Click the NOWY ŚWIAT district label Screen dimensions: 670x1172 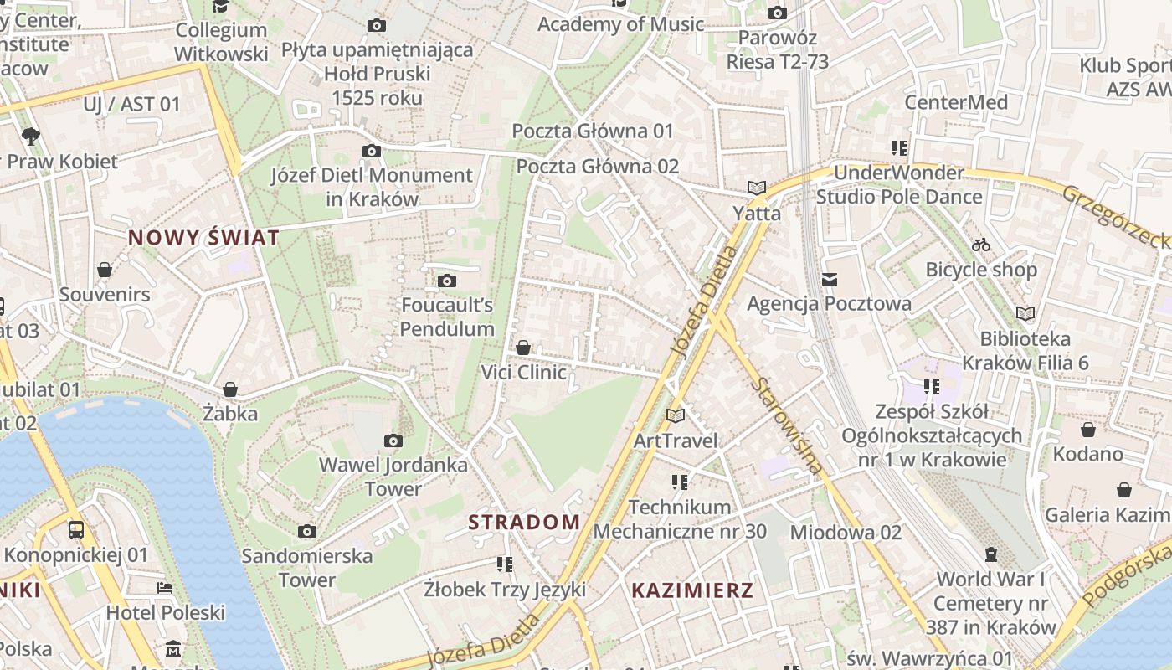pos(203,238)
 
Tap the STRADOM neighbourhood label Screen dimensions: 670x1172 pos(524,523)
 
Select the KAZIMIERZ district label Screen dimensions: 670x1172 pos(692,590)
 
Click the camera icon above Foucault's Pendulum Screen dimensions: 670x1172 pos(447,281)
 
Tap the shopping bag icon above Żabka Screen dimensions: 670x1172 pos(230,389)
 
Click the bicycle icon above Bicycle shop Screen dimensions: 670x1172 pos(981,245)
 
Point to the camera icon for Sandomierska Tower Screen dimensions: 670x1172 pos(307,531)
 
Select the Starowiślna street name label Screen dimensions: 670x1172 pos(787,426)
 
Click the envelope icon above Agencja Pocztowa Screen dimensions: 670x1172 pos(830,280)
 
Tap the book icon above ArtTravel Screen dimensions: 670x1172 pos(676,415)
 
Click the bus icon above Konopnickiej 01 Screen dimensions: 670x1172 pos(76,529)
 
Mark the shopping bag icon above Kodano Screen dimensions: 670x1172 pos(1088,430)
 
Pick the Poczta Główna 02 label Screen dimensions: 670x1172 pos(597,166)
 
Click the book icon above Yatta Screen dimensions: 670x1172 pos(757,188)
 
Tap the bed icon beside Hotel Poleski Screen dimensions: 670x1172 pos(165,588)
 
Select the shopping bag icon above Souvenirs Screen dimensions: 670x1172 pos(105,270)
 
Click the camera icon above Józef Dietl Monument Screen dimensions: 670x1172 pos(372,151)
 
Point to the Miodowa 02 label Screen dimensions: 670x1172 pos(846,532)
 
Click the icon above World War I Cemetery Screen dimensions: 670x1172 pos(991,554)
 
